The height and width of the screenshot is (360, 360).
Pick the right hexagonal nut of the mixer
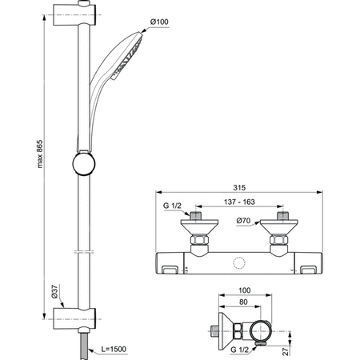(278, 239)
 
